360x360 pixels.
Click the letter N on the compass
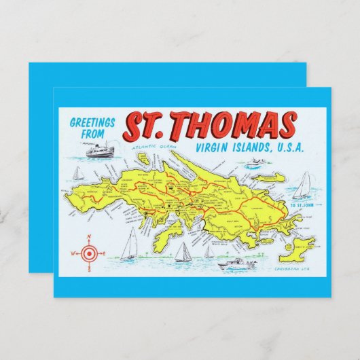(88, 237)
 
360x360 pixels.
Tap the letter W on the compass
(73, 253)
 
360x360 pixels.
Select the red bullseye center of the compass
(88, 253)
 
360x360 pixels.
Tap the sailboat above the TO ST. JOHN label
(303, 184)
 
